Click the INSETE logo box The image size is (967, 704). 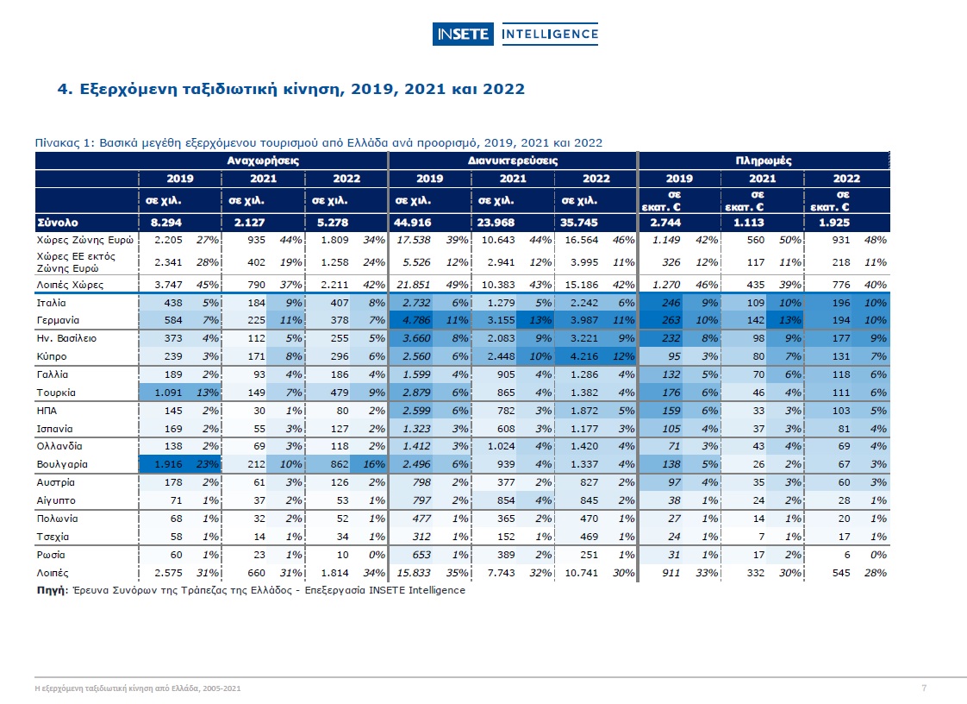463,35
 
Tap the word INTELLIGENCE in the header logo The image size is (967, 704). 550,35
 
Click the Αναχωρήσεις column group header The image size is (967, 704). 264,160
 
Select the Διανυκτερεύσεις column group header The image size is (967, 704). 513,160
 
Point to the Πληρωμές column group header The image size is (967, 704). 764,160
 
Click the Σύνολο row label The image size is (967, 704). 58,223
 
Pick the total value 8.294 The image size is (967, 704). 166,223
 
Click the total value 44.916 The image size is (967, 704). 413,223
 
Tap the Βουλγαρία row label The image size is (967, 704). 62,464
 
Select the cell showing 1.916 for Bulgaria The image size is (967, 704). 168,464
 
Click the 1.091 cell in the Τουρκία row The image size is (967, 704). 168,393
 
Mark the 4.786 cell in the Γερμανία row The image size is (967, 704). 417,320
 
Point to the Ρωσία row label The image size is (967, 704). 51,555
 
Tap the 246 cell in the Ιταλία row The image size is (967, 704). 671,303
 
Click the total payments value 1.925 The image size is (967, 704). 834,223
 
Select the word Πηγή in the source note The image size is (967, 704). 51,590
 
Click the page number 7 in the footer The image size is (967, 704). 924,688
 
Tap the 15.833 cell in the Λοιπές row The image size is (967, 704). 414,573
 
